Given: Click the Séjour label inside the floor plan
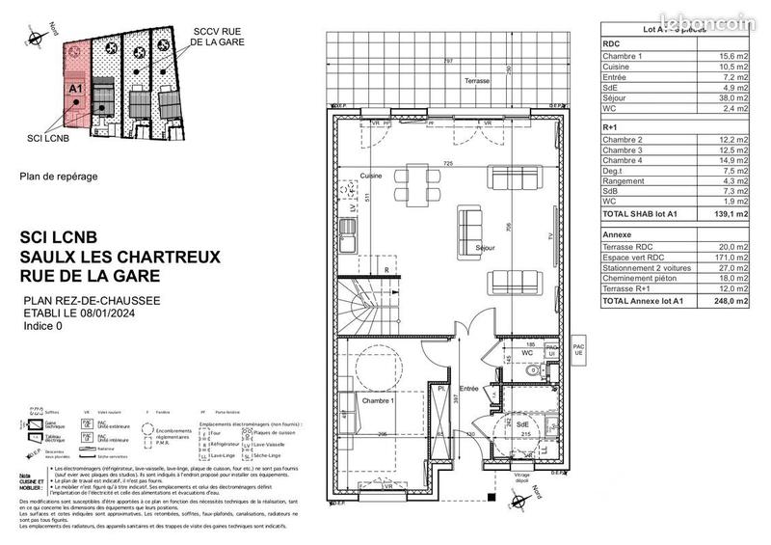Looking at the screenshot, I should click(485, 248).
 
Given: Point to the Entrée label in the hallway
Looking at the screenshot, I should click(468, 388).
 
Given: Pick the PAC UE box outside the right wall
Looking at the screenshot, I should click(578, 349).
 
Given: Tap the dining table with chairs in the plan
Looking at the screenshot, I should click(417, 182).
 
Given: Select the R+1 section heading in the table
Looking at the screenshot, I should click(610, 126).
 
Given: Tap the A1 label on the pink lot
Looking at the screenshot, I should click(74, 88).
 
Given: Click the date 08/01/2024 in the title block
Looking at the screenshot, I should click(135, 313).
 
